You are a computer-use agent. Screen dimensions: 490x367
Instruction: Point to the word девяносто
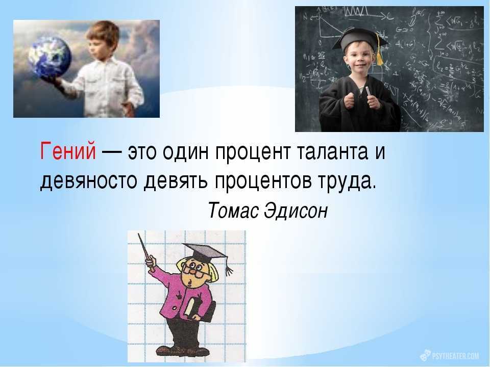tap(88, 181)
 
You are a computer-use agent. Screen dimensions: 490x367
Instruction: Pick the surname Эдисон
tap(296, 211)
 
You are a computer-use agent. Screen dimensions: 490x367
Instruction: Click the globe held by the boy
tap(50, 57)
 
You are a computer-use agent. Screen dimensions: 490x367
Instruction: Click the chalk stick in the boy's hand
tap(369, 92)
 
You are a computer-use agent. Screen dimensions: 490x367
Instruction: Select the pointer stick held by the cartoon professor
tap(146, 252)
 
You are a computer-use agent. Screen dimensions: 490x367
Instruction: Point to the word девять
tap(175, 181)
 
